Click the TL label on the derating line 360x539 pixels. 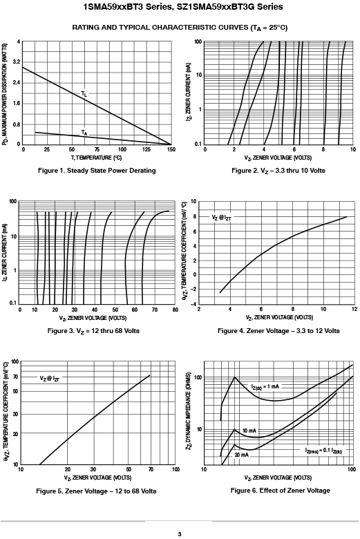point(84,93)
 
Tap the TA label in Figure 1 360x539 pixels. point(84,133)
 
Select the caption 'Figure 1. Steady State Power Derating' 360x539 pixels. point(97,171)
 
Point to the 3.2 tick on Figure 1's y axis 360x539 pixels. point(17,62)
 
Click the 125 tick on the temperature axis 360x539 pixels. point(146,149)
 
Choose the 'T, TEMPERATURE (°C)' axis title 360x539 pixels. point(96,158)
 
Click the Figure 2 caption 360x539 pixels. point(278,171)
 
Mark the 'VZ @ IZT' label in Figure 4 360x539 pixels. point(221,217)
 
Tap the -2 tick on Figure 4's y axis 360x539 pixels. point(193,289)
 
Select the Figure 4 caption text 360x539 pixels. point(278,331)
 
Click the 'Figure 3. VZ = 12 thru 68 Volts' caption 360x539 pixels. point(93,331)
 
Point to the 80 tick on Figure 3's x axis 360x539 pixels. point(176,310)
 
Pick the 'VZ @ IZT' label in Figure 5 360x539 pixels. point(50,379)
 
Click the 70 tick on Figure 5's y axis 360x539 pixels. point(15,377)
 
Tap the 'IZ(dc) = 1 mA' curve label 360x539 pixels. point(265,387)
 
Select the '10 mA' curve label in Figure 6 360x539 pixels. point(249,431)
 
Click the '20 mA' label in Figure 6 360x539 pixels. point(242,455)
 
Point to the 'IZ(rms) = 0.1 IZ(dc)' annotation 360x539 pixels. point(323,451)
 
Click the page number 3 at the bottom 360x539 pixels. point(180,534)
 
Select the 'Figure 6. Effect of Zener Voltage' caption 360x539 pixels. point(281,491)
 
